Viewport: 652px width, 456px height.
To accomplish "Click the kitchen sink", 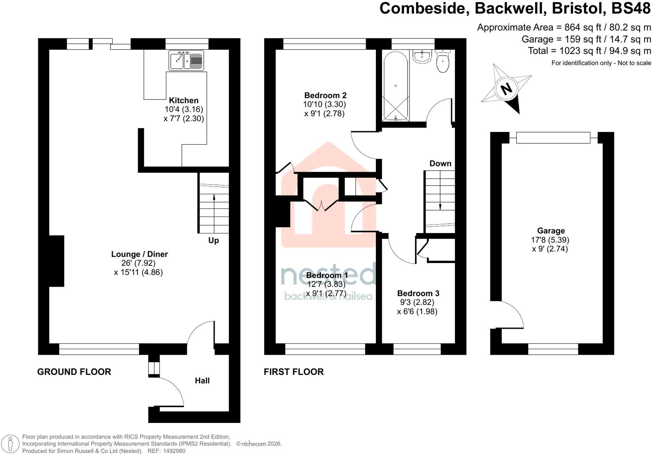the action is (186, 60).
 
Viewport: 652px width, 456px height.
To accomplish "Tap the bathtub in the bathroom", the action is (396, 86).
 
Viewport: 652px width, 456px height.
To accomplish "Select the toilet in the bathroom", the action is (443, 61).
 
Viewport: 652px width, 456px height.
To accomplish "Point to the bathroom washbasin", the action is (422, 57).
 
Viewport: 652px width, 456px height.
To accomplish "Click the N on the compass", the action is (506, 89).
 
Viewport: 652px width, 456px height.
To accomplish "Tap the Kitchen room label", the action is (184, 101).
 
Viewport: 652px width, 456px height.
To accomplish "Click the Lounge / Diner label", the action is (139, 254).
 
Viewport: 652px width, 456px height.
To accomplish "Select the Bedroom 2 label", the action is (325, 95).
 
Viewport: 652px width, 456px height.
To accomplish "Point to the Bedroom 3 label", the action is (418, 293).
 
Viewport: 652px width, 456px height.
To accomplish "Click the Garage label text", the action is (551, 231).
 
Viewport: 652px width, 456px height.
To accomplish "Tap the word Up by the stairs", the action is (214, 240).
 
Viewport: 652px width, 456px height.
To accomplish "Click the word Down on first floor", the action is (440, 164).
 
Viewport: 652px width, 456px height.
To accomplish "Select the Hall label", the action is (202, 381).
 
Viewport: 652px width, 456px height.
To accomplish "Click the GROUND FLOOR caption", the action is (74, 372).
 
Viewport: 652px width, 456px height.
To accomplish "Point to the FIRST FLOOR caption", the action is (294, 372).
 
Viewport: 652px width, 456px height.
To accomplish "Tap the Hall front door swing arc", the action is (177, 388).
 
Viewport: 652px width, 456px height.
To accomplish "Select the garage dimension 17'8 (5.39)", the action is (550, 240).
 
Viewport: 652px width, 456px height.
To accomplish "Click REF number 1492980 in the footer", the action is (174, 451).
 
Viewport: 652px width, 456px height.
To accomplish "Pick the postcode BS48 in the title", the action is (631, 8).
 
